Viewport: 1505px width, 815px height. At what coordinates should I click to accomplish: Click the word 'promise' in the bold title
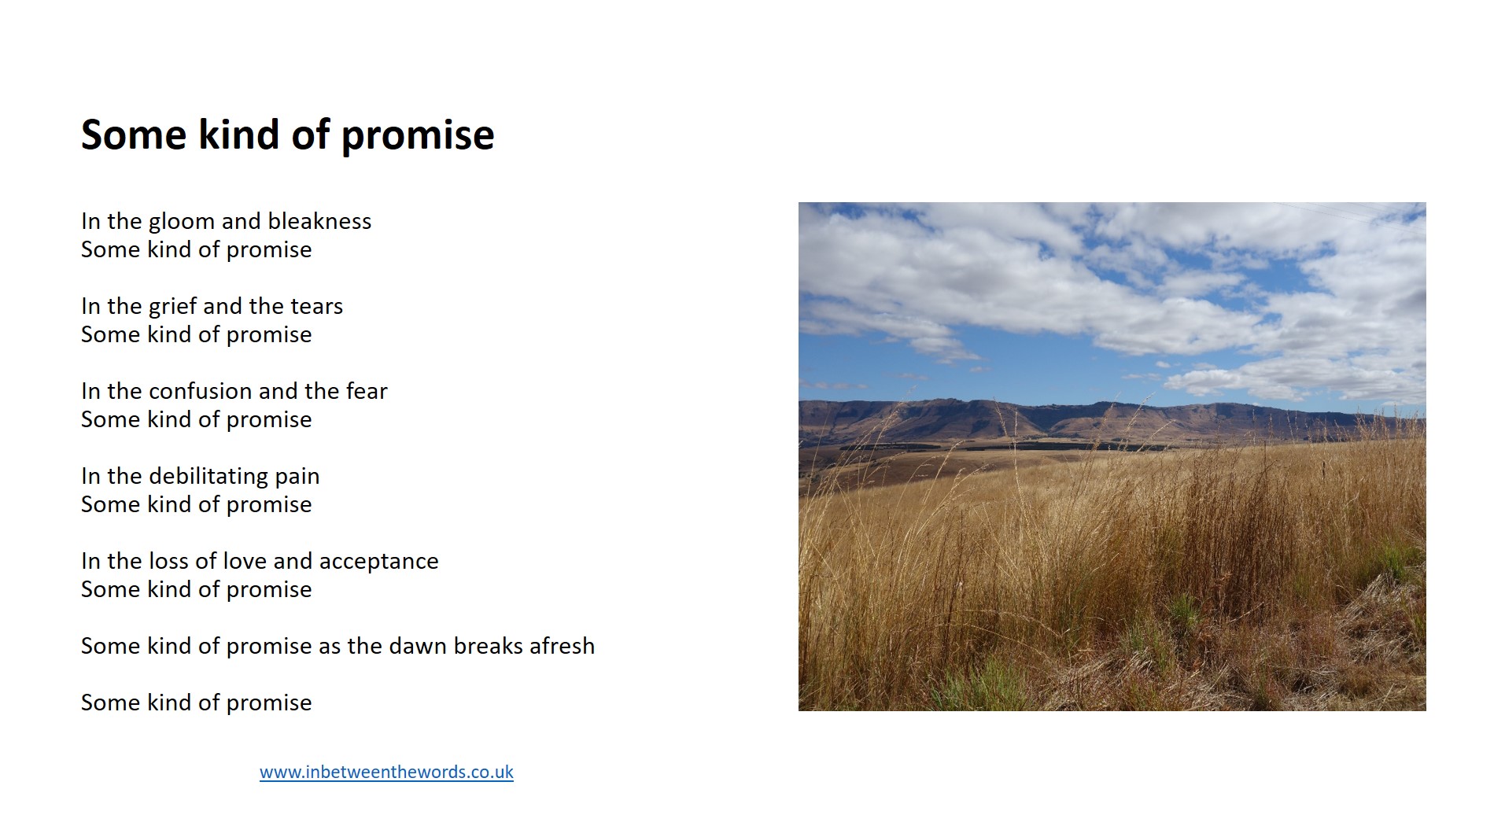417,135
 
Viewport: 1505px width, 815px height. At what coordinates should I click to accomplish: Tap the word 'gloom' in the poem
182,222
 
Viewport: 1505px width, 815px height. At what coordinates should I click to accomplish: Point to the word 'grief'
173,306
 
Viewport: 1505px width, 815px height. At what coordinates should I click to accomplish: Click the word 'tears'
316,306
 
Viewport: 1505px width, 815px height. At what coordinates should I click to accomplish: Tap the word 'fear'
367,391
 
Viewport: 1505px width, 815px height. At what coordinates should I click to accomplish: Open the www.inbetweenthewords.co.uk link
386,773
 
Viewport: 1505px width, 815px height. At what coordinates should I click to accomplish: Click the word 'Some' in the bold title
134,135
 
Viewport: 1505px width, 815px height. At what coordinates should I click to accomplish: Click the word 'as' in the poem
330,647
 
